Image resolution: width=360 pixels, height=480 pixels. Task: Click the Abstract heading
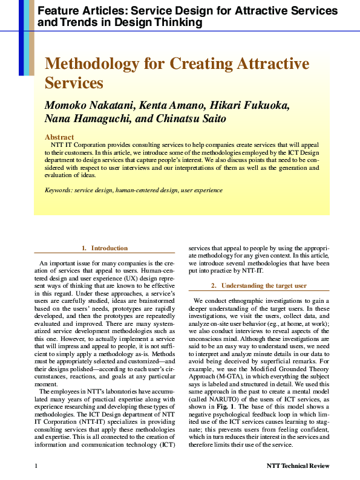pos(59,137)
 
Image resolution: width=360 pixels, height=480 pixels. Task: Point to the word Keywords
pos(58,190)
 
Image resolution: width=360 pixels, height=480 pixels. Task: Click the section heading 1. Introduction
pos(105,248)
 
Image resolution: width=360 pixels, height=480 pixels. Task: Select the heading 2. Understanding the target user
pos(259,285)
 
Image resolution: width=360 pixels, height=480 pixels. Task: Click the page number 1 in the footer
pos(36,466)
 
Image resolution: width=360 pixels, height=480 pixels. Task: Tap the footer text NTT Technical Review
pos(298,466)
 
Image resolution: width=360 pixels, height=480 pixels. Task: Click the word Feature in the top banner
pos(57,11)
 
